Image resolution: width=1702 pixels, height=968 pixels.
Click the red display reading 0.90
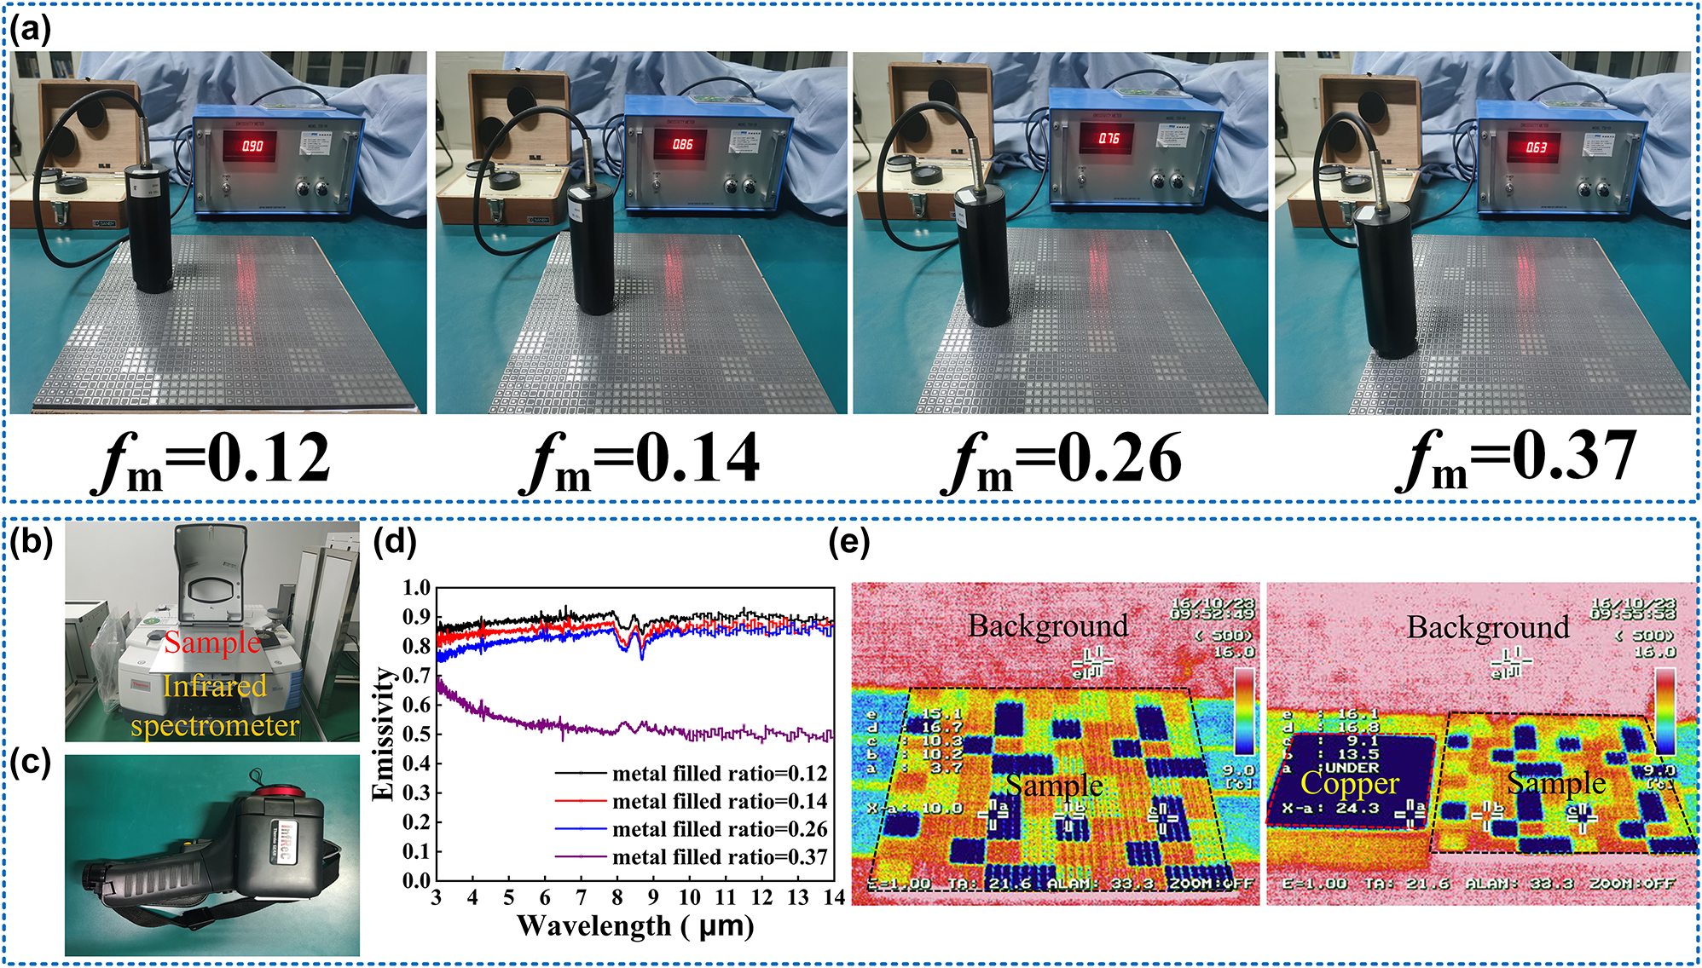252,146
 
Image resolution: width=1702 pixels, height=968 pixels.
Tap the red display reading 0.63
1536,147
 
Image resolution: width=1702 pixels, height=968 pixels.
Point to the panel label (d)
394,542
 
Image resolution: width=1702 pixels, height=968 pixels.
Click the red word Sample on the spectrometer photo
212,642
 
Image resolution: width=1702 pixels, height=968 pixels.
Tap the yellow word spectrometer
215,725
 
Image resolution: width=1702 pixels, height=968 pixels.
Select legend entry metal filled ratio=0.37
719,856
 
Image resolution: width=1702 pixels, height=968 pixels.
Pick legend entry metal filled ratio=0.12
719,773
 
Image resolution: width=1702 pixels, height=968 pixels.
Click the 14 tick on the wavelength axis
834,897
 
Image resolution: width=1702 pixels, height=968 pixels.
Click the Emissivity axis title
384,734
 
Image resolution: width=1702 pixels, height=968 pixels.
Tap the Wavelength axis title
635,925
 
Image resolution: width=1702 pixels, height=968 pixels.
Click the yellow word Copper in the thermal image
1349,782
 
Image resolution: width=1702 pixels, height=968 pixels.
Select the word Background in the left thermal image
1047,625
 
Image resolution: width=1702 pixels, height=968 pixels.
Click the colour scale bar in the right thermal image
1664,711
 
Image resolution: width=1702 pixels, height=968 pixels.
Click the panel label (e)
848,542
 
